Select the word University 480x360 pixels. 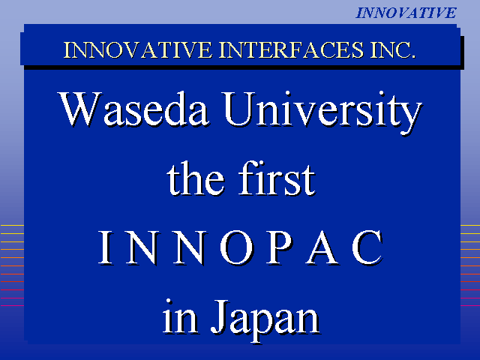tap(322, 112)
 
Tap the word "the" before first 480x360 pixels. tap(195, 178)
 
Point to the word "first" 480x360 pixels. tap(277, 178)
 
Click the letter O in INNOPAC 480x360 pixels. tap(237, 247)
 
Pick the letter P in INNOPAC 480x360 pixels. tap(279, 247)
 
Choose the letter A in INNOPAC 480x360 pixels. tap(322, 247)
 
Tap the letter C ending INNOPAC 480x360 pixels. tap(367, 247)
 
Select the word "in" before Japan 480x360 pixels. tap(180, 317)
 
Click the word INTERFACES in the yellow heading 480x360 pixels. tap(291, 50)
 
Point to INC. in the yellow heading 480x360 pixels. tap(393, 50)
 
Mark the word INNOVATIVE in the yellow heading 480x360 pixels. tap(137, 50)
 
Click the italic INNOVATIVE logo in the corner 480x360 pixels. tap(406, 13)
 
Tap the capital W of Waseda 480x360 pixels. tap(80, 109)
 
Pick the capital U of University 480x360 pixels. tap(239, 109)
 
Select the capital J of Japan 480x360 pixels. tap(220, 317)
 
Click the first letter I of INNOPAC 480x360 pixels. tap(105, 247)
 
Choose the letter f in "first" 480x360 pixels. tap(247, 178)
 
